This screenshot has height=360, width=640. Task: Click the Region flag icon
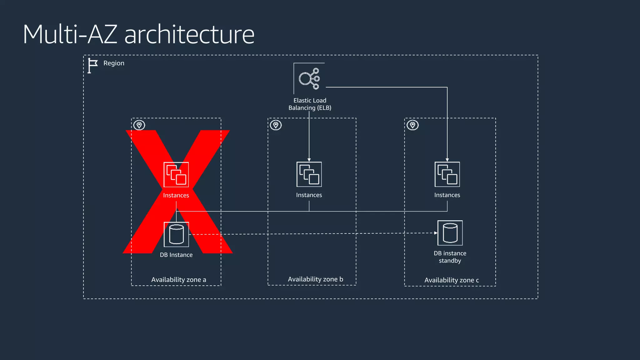(92, 65)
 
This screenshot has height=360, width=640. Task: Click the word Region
(114, 63)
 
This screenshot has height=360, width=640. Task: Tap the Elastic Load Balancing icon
(309, 78)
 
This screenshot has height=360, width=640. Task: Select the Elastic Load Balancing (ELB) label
(310, 104)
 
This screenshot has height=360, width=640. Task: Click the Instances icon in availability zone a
(176, 174)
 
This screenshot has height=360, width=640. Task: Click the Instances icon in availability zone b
(309, 174)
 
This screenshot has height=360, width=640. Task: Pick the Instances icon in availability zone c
(447, 174)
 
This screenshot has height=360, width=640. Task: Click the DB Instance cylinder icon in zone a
(176, 234)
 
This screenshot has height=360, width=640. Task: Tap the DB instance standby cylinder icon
(450, 233)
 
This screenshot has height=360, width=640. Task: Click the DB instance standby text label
(450, 257)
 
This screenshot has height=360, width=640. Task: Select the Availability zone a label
(179, 280)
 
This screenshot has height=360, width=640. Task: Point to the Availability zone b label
(315, 279)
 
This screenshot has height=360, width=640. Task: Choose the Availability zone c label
(452, 280)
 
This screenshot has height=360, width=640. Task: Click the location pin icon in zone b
(276, 125)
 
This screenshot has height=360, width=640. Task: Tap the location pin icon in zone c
(413, 125)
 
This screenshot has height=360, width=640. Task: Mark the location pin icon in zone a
(139, 125)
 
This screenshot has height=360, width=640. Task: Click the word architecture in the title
(189, 34)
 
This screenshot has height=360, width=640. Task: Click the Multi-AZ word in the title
(70, 34)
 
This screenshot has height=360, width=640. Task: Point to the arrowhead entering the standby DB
(436, 233)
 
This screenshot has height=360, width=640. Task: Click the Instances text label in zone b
(309, 195)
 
